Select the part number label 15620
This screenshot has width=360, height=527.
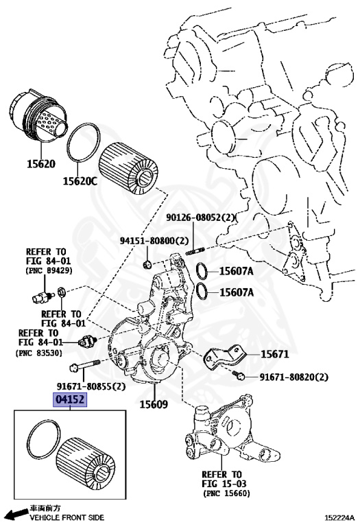[40, 165]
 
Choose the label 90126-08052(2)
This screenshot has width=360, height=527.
[201, 218]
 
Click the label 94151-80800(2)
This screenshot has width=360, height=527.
[151, 242]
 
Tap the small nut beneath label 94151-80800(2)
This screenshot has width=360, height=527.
[147, 263]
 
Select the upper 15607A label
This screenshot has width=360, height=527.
[236, 272]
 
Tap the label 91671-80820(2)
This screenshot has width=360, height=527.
[293, 377]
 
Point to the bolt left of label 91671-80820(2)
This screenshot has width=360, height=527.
[239, 376]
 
